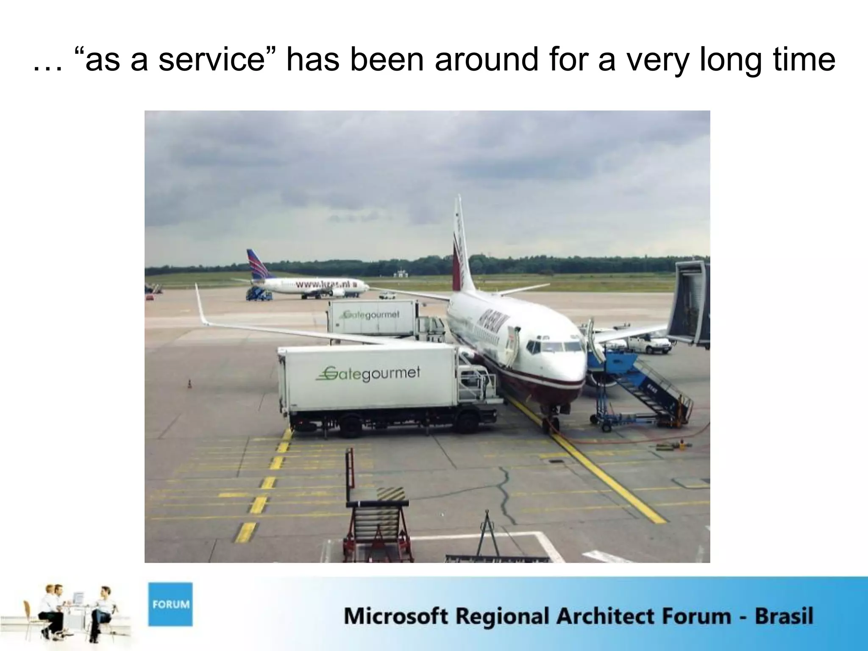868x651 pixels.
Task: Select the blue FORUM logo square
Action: click(x=170, y=604)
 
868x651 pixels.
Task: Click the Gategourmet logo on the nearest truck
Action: click(x=368, y=373)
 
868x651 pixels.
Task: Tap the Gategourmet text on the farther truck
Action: click(x=371, y=315)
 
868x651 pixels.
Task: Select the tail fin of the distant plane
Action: click(x=257, y=264)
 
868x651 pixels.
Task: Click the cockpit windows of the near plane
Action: click(x=555, y=347)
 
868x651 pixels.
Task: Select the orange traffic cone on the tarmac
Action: click(x=189, y=384)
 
